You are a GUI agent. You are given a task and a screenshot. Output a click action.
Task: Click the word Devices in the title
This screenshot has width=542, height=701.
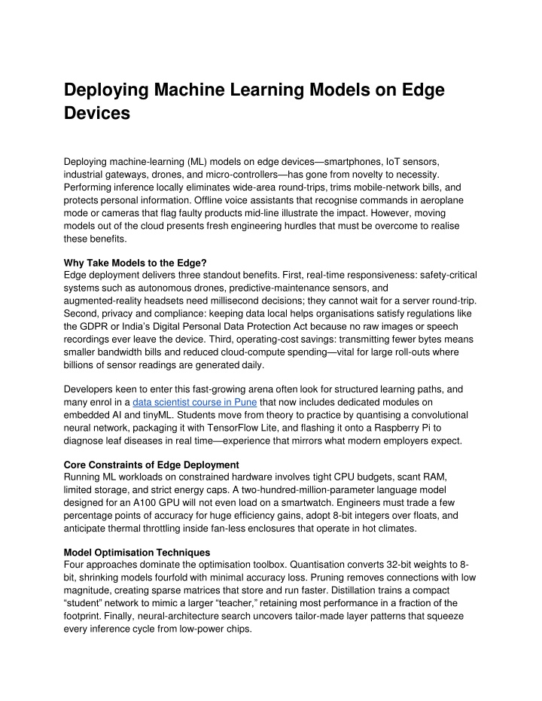97,114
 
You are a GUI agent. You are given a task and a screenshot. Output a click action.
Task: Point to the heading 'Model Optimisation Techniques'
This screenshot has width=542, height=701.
137,552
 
